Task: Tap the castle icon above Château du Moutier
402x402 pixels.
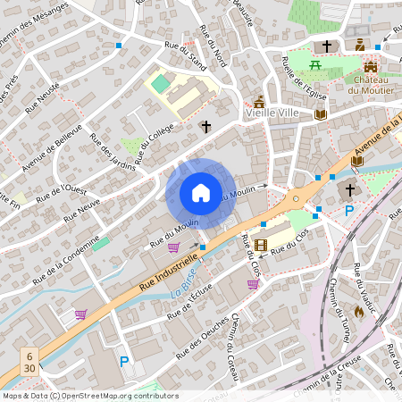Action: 372,66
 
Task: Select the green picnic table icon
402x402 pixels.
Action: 314,65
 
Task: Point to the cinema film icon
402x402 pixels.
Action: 260,245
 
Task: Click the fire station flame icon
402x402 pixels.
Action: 359,312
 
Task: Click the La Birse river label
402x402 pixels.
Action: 184,292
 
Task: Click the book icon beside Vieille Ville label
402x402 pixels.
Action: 321,114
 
